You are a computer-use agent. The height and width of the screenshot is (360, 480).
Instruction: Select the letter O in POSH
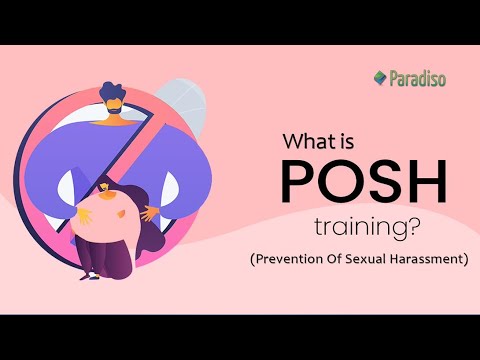click(343, 186)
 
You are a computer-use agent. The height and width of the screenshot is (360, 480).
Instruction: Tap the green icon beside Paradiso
click(380, 77)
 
